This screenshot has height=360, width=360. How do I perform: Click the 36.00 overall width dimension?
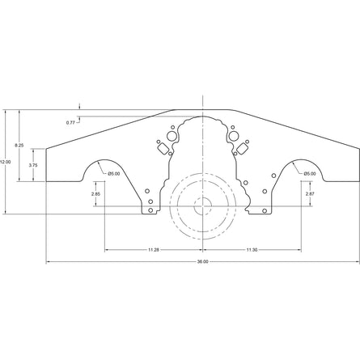202,261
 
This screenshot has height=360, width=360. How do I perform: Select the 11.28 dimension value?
153,250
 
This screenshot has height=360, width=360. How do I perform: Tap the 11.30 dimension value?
252,250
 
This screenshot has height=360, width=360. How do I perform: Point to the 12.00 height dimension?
6,162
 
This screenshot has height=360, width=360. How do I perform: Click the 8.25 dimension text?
20,146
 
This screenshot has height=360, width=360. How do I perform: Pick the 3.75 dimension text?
32,164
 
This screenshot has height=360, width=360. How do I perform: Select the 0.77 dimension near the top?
70,122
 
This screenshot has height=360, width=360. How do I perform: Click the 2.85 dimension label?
95,194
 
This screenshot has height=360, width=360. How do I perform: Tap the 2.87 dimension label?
310,194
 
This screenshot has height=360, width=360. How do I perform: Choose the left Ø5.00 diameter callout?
113,173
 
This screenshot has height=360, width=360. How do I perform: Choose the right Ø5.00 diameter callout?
310,173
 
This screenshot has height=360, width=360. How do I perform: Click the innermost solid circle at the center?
202,206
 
